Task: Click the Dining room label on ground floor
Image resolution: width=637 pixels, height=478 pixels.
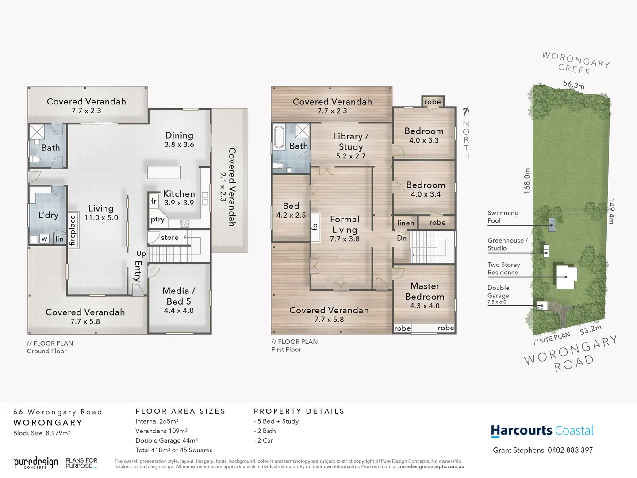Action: [179, 135]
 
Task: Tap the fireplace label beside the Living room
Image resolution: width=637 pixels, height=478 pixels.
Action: [73, 230]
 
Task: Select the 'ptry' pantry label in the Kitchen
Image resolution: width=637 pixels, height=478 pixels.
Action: [157, 220]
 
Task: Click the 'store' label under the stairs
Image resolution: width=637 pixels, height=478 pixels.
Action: [169, 238]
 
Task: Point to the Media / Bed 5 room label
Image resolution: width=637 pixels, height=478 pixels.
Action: [179, 296]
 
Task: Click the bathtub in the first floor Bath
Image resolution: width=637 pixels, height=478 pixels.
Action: [279, 137]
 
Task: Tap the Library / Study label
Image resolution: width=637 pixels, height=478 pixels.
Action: [350, 142]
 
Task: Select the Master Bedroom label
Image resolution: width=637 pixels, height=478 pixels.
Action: [425, 291]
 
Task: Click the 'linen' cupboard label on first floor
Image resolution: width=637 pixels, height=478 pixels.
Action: [406, 223]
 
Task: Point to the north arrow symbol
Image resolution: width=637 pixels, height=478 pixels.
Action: [466, 112]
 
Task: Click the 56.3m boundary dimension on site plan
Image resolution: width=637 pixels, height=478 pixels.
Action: [574, 85]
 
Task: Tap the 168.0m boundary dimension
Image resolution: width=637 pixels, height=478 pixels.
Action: [526, 181]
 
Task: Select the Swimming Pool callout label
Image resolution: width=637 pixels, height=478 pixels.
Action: [503, 216]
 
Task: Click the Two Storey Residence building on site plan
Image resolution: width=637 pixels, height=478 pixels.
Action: [566, 277]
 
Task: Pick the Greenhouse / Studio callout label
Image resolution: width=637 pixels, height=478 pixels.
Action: [507, 244]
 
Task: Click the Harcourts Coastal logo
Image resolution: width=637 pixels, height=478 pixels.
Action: [542, 431]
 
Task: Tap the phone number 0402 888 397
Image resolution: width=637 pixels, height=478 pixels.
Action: [570, 450]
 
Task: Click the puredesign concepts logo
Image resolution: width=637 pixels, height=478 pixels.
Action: [36, 463]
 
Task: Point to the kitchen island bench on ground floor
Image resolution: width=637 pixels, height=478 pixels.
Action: [164, 172]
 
